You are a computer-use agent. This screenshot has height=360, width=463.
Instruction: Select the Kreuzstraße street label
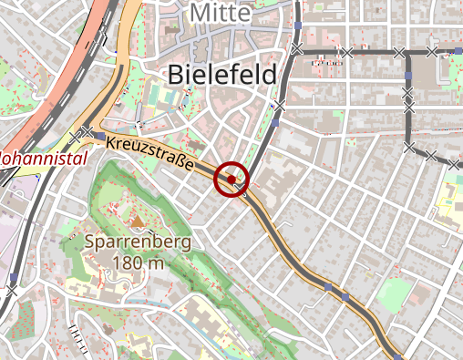tap(151, 154)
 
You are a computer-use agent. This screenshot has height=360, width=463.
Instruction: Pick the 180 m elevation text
tap(139, 263)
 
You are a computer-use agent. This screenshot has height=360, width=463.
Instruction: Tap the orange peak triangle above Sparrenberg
tap(138, 221)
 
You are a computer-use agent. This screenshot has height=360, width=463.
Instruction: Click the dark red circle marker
tap(231, 179)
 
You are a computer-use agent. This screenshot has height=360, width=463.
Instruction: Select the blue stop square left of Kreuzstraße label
tap(97, 136)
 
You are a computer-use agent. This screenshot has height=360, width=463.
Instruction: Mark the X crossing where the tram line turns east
tap(298, 49)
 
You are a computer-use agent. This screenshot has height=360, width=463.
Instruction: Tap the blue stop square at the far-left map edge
tap(14, 275)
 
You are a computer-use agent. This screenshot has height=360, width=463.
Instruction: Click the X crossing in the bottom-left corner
tap(11, 291)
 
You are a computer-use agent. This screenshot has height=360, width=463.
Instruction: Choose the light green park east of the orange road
tap(395, 293)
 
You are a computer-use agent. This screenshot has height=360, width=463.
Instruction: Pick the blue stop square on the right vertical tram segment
tap(408, 75)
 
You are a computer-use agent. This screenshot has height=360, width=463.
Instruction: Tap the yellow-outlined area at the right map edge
tap(451, 196)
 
